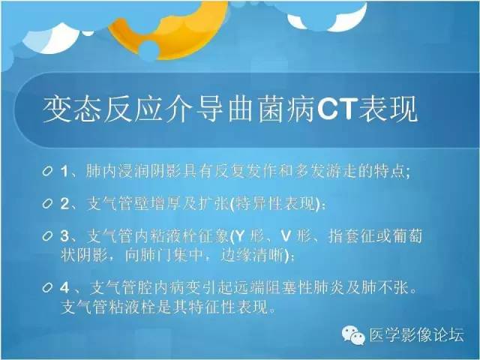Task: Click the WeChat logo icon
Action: [x=353, y=335]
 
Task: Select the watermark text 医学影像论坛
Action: [x=417, y=334]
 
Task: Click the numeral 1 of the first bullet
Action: [x=64, y=171]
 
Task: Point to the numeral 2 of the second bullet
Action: [x=64, y=204]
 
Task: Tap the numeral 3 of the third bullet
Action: [x=64, y=236]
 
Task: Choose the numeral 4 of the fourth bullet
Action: [x=64, y=288]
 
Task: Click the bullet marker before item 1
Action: [x=47, y=171]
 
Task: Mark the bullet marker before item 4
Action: [x=47, y=287]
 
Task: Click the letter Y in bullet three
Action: [x=240, y=236]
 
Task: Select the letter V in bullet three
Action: [x=286, y=236]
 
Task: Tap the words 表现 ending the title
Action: [x=388, y=109]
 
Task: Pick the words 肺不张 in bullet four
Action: [x=385, y=288]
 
